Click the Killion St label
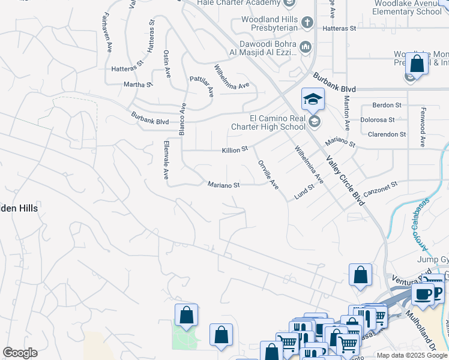pos(235,149)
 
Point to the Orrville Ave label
pos(268,175)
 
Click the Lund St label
pos(304,193)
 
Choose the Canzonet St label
pos(381,185)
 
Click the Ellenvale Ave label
pos(166,160)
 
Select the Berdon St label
pos(387,105)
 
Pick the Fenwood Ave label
pos(423,133)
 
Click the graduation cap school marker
pos(313,99)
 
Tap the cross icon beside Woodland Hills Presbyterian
pos(307,23)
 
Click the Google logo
pos(20,353)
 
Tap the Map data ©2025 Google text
pos(411,355)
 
